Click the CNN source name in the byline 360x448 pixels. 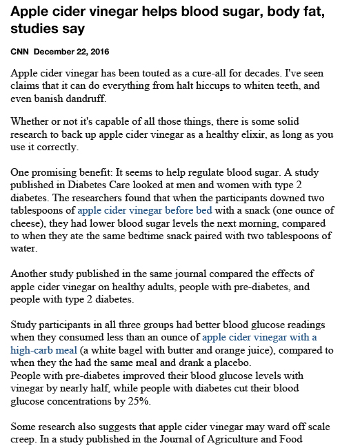click(x=20, y=52)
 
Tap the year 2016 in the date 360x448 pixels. click(x=98, y=52)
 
